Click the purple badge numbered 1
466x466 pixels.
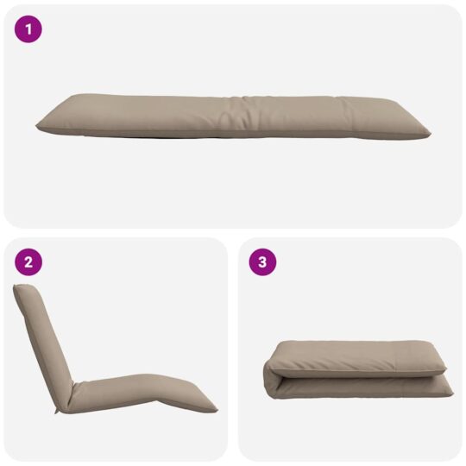pos(28,30)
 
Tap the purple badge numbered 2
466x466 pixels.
pos(28,262)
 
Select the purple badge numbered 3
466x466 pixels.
pos(262,262)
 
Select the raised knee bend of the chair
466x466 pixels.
pos(155,380)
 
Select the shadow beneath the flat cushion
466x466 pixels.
pos(233,138)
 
